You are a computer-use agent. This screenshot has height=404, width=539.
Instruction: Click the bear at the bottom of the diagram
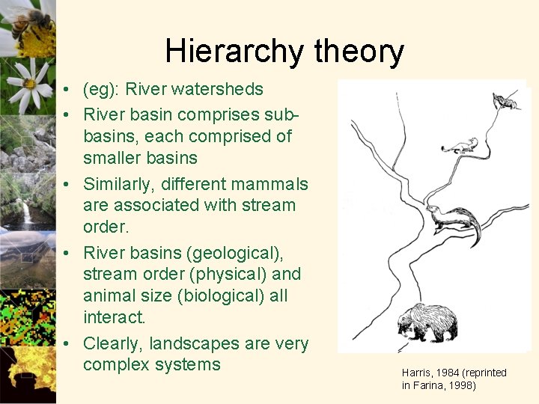point(427,322)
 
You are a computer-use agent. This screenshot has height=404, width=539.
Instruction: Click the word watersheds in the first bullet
point(219,89)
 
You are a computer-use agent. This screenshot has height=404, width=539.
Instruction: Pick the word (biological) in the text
point(220,296)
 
